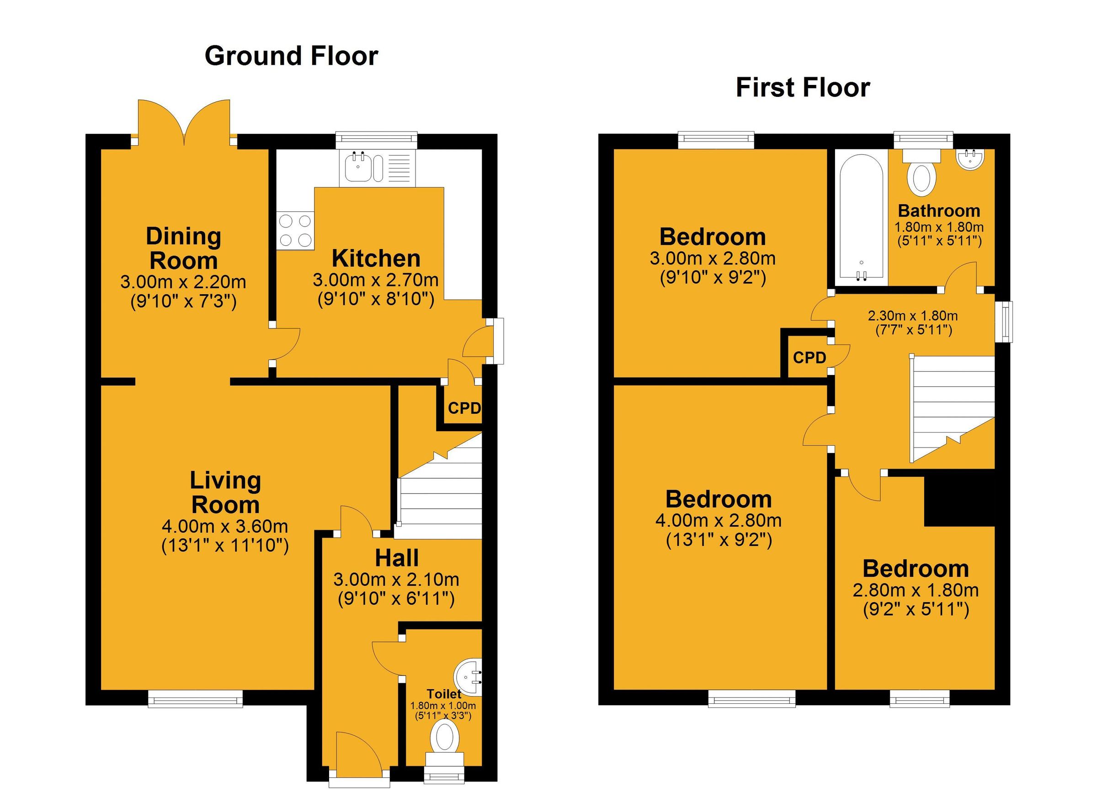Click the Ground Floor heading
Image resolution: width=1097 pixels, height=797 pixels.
291,56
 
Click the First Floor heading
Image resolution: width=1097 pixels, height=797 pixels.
803,88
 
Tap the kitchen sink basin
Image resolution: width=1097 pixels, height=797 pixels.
358,167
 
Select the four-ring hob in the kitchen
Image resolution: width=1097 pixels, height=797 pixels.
295,231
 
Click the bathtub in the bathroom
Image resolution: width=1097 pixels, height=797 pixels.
861,217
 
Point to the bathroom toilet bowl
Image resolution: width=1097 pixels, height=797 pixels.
921,178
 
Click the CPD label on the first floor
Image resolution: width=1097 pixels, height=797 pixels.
809,358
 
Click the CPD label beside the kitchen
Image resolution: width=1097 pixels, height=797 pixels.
464,408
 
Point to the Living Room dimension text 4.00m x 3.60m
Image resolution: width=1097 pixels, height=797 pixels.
225,525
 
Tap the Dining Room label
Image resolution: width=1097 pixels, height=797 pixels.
183,248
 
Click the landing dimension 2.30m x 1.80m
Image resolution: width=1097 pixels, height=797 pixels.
912,316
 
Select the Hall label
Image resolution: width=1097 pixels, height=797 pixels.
397,558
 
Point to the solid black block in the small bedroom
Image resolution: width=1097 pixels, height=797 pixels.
959,501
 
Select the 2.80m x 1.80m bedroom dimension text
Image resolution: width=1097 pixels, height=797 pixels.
915,590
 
